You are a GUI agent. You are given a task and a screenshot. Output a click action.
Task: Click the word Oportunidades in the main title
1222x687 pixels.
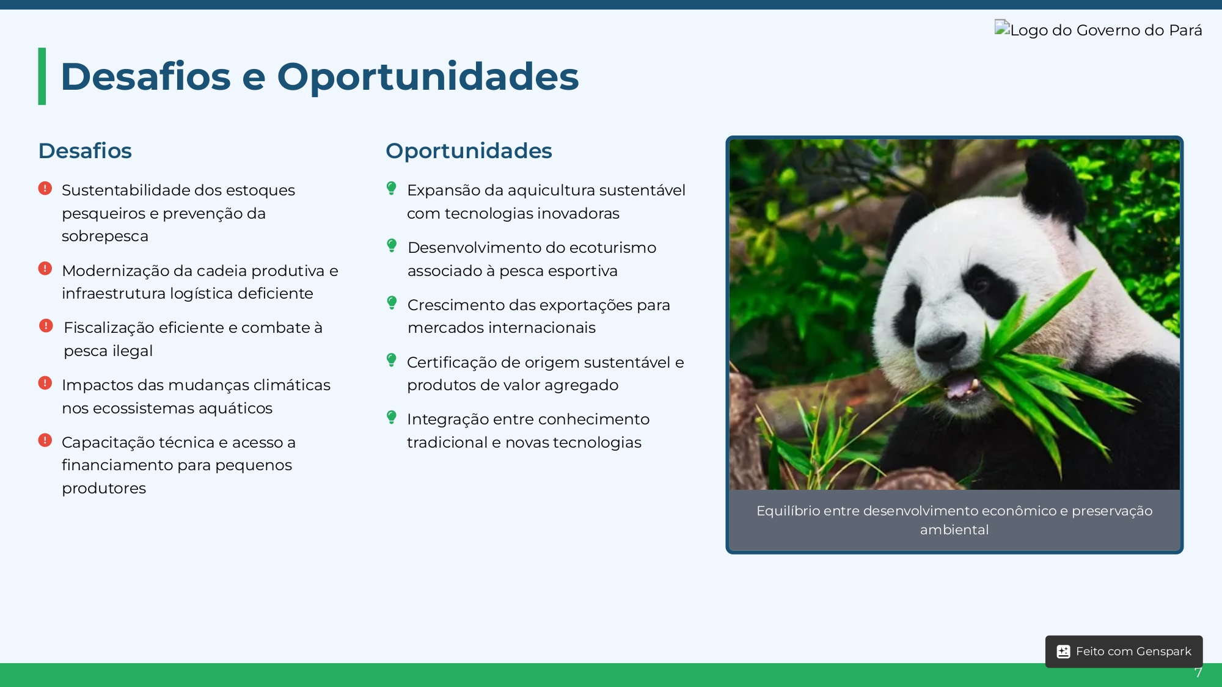(x=428, y=78)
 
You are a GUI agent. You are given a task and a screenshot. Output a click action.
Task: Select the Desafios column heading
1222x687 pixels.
(x=85, y=151)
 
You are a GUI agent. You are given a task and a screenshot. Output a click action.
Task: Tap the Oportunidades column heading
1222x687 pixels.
(x=469, y=151)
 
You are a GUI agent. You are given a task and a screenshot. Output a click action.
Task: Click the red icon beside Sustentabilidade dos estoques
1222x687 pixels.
(x=45, y=188)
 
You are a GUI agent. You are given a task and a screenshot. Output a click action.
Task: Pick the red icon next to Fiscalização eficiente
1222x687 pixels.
(x=46, y=325)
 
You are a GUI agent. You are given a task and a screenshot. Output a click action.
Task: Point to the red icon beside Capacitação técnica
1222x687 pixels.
(x=45, y=440)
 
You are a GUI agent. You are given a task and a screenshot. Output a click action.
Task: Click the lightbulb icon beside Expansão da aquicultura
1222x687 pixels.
(x=392, y=188)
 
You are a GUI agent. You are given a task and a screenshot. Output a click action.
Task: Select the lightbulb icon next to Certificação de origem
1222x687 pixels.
(x=392, y=360)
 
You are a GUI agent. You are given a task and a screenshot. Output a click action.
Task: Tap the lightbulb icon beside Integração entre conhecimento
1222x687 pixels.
(x=392, y=417)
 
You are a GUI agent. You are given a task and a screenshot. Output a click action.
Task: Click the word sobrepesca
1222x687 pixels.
(x=105, y=236)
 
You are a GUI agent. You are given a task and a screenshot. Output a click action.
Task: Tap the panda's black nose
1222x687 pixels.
(x=942, y=347)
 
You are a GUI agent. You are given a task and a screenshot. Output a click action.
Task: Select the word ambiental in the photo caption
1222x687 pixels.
(x=954, y=530)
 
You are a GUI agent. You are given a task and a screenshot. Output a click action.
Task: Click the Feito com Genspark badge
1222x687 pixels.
(x=1124, y=652)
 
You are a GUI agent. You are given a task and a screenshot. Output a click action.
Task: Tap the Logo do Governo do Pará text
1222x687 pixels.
(x=1106, y=31)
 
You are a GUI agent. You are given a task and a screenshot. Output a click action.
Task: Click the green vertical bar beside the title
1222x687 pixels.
(x=42, y=76)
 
